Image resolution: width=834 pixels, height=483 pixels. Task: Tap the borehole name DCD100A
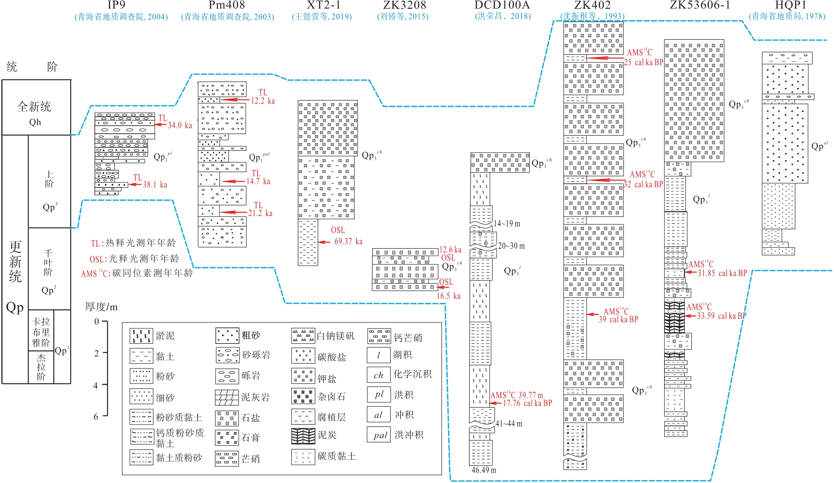point(502,5)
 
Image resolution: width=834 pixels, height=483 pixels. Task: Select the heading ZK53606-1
point(700,5)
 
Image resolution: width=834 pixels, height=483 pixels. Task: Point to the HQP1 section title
point(791,5)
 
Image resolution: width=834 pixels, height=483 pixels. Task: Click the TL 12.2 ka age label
point(263,97)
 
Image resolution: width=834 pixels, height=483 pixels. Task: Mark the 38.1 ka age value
point(155,185)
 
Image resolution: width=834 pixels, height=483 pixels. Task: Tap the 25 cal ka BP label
point(643,62)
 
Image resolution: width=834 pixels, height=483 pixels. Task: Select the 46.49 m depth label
point(484,470)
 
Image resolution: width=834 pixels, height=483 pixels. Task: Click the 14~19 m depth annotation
point(507,224)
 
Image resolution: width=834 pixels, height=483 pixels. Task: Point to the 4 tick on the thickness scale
point(96,385)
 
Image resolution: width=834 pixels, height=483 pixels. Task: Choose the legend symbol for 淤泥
point(141,336)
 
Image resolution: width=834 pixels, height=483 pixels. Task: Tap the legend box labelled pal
point(378,435)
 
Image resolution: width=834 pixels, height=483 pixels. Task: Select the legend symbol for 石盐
point(227,418)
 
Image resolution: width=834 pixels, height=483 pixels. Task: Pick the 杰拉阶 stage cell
point(41,367)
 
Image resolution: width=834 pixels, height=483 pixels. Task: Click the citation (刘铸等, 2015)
point(402,17)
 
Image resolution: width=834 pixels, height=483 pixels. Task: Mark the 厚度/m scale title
point(101,307)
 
